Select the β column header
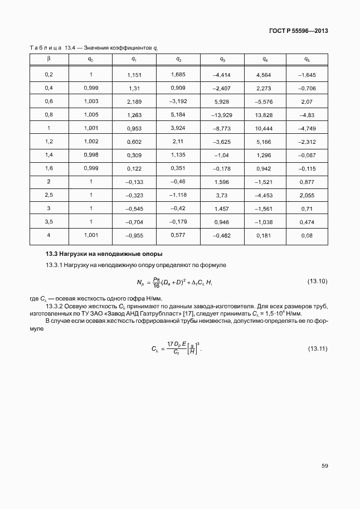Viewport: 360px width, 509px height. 48,59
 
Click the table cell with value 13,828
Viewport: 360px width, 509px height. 264,114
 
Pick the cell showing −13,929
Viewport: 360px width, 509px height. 222,114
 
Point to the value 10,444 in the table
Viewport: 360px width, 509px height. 264,128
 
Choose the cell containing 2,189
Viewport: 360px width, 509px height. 135,101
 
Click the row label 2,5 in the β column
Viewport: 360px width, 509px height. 48,195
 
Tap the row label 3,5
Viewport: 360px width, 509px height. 48,221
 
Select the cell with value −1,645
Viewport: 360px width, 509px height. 307,75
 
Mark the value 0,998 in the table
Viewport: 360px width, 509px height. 91,154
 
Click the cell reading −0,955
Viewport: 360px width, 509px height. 135,235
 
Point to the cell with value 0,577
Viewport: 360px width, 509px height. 178,235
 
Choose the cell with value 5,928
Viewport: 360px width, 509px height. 222,101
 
